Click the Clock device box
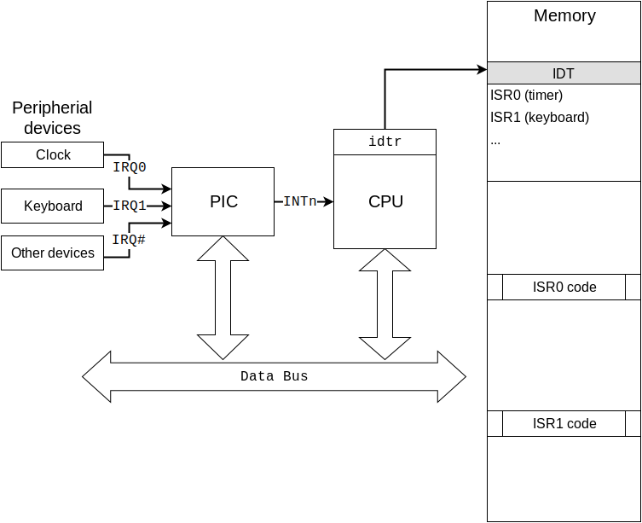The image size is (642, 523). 52,154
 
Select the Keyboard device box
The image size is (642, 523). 52,206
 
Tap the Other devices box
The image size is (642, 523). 52,253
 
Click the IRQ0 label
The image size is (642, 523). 130,168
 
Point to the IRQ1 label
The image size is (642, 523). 130,206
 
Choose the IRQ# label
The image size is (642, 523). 129,241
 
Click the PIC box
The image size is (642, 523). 223,201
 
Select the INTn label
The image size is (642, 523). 300,202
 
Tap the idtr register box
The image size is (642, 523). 385,142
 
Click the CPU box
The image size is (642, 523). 385,202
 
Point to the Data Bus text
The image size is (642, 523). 274,376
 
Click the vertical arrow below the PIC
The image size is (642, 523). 223,298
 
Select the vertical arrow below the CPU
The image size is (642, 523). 385,304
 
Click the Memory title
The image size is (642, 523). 564,15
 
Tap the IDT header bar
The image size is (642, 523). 564,73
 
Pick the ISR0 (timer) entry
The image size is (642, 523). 526,96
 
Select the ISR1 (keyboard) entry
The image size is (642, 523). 539,118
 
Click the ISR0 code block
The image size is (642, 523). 564,288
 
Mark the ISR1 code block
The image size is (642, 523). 564,424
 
